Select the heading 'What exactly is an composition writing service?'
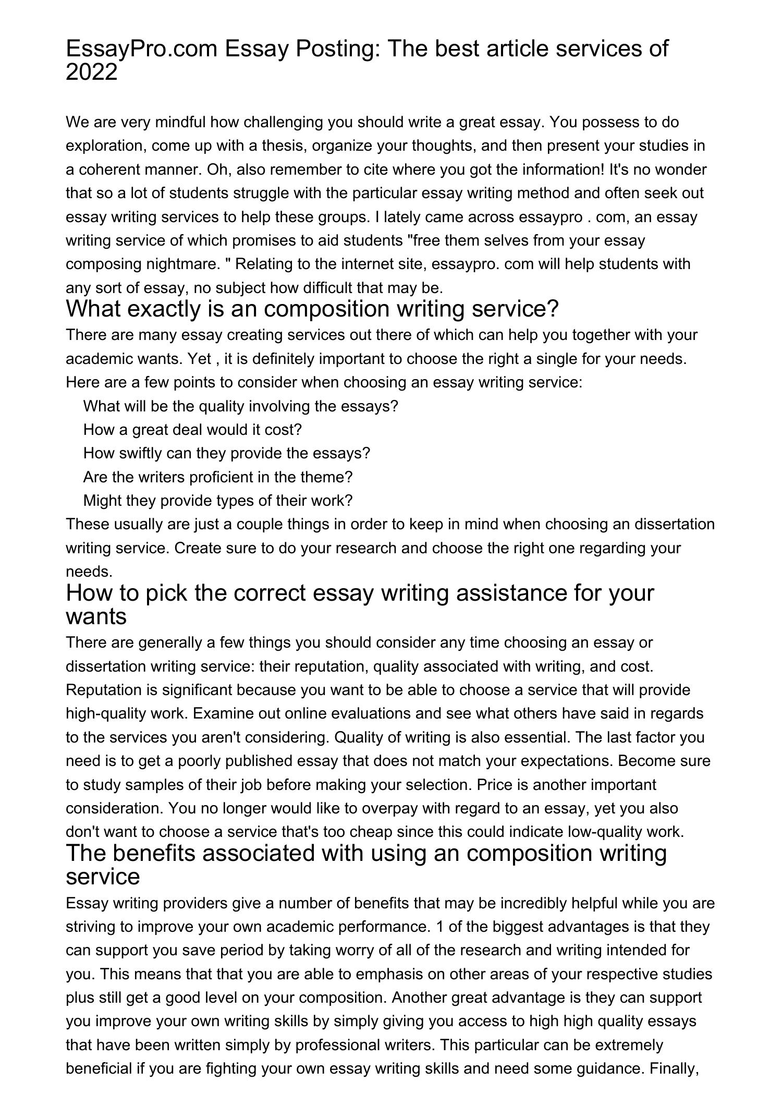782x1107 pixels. coord(312,309)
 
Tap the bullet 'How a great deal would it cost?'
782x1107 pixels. coord(192,430)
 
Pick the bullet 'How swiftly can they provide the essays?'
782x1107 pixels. coord(226,453)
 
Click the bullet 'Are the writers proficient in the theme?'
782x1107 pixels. coord(218,477)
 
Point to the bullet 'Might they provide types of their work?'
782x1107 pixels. coord(218,501)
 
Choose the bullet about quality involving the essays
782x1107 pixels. coord(240,406)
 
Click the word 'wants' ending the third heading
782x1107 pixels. coord(96,617)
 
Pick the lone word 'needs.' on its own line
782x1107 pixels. coord(89,571)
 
